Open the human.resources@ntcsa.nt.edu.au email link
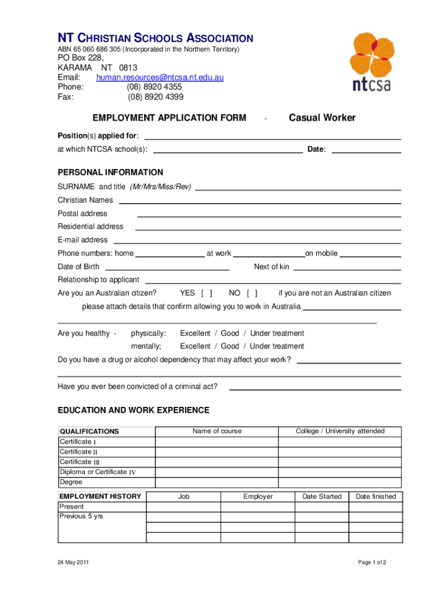(160, 77)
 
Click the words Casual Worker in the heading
(322, 118)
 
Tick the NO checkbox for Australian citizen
(252, 293)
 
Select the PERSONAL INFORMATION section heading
(110, 173)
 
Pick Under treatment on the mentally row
(277, 346)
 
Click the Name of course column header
(217, 431)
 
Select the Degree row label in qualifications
(71, 482)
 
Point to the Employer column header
(258, 496)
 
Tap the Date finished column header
(375, 496)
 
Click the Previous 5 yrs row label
(81, 516)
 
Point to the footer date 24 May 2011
(73, 562)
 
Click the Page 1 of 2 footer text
(371, 562)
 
